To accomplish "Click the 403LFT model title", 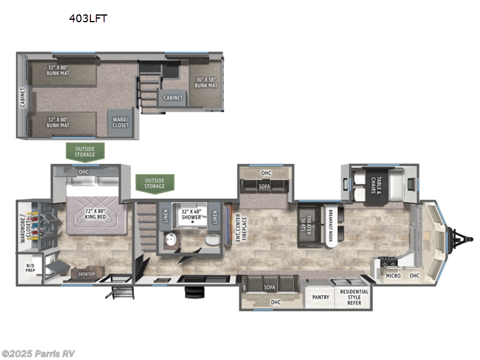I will [88, 18].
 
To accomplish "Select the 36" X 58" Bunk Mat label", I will [206, 83].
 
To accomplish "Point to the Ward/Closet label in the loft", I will [121, 122].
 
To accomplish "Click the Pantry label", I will [320, 297].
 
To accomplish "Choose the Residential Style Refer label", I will [355, 297].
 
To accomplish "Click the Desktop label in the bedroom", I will [87, 274].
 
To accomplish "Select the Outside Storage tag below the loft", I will [85, 152].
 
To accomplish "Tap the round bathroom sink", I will [171, 239].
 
